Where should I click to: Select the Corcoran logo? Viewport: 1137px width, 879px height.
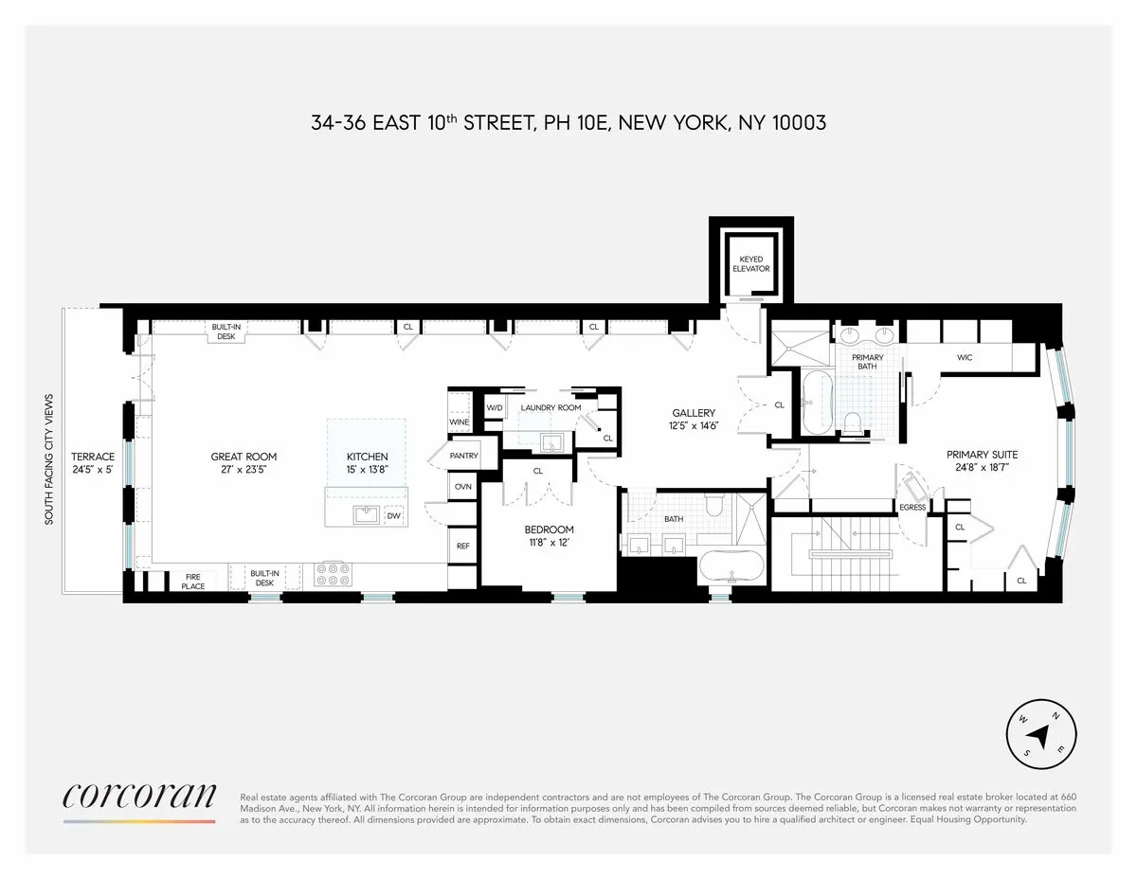[139, 797]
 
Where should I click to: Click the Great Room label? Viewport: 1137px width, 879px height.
[244, 457]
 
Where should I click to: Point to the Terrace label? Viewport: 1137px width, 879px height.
[93, 457]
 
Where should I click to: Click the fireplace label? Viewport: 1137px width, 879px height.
[193, 581]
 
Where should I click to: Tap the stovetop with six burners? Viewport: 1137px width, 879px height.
[333, 574]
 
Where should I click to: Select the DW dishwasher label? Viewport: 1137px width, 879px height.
[392, 516]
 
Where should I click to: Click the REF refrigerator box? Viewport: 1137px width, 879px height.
[463, 546]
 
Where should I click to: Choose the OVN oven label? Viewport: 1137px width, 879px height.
[463, 486]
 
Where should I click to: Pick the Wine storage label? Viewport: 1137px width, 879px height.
[460, 422]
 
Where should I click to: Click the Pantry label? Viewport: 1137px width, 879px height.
[464, 456]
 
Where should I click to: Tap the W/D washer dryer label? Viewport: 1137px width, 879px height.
[494, 407]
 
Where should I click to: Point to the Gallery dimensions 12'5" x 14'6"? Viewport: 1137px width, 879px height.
[694, 425]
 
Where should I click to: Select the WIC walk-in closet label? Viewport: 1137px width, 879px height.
[965, 357]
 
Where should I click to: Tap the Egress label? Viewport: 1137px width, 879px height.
[912, 508]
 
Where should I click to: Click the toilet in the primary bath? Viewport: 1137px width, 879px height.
[854, 422]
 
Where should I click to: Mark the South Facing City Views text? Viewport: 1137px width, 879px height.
[48, 458]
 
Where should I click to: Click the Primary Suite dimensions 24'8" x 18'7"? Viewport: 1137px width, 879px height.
[982, 468]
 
